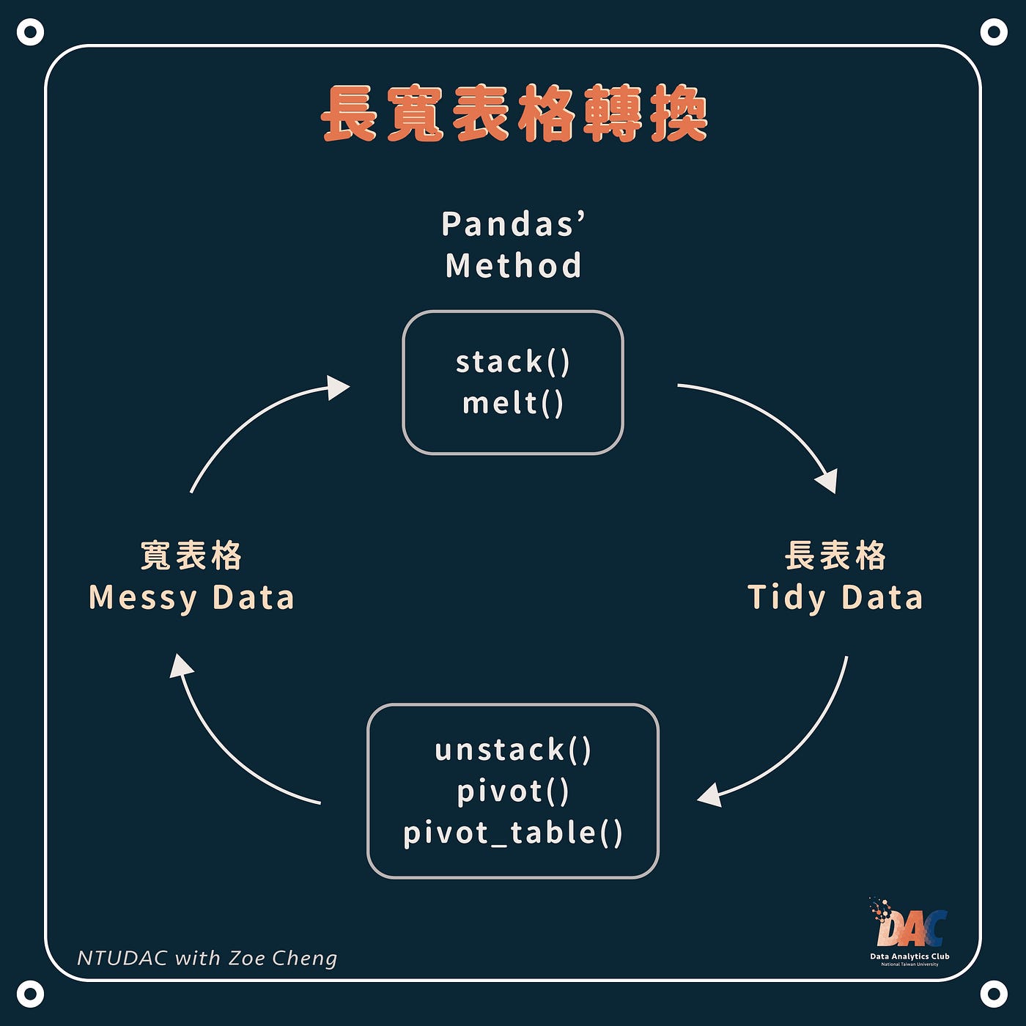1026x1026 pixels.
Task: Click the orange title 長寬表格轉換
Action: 514,114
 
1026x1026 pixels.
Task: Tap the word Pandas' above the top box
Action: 513,224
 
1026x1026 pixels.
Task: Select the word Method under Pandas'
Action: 513,265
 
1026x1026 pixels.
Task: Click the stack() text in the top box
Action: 512,362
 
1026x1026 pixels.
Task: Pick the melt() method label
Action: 512,403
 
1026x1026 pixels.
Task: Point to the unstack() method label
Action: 512,750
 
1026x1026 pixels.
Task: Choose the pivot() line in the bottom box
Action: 512,791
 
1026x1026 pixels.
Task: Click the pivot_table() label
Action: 512,833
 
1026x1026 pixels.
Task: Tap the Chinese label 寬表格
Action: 191,556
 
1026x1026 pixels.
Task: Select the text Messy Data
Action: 191,597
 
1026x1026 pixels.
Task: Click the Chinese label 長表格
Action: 835,556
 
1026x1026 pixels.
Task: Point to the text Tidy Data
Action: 835,597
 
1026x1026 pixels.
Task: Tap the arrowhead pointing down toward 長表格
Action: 827,481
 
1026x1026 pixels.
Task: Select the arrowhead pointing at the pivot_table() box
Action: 709,796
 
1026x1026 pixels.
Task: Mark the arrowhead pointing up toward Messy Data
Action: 180,665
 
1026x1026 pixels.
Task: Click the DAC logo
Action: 909,925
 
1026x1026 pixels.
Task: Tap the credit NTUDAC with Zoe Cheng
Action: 207,958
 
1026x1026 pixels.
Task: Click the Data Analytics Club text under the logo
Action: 909,956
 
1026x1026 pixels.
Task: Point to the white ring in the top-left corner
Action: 30,32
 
